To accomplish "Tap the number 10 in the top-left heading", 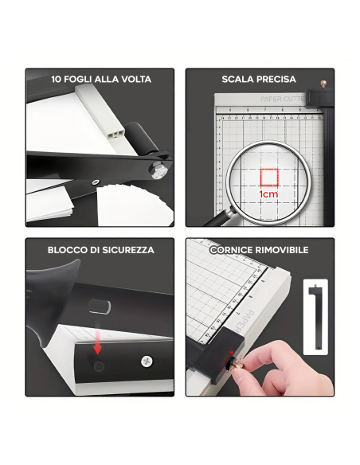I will pyautogui.click(x=57, y=80).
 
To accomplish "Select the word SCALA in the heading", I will pyautogui.click(x=237, y=80).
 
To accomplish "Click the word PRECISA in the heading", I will pyautogui.click(x=276, y=80).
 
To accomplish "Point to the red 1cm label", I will pyautogui.click(x=268, y=193).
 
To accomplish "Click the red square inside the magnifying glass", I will pyautogui.click(x=268, y=177).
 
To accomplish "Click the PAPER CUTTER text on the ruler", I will pyautogui.click(x=283, y=100).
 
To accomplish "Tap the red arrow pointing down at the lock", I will pyautogui.click(x=98, y=346).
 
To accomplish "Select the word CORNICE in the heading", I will pyautogui.click(x=232, y=250).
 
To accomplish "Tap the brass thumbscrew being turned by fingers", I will pyautogui.click(x=237, y=362).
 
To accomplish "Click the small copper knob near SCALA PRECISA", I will pyautogui.click(x=323, y=83).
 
